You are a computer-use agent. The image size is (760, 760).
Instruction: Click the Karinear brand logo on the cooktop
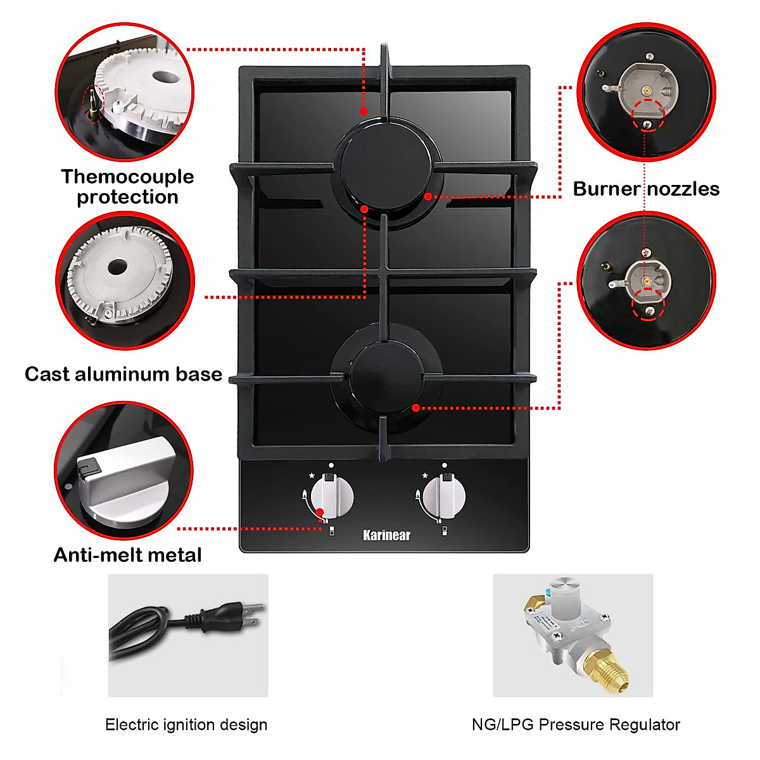386,535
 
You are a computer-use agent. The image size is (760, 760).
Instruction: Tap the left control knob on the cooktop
332,496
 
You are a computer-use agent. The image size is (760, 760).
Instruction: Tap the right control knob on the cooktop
444,496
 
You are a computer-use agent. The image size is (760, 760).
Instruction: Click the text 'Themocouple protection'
127,187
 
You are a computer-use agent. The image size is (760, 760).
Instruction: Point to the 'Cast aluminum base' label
123,374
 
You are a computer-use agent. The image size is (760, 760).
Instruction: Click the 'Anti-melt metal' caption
127,555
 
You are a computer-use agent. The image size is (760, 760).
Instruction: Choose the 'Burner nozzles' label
646,189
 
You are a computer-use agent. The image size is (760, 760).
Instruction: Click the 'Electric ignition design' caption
186,725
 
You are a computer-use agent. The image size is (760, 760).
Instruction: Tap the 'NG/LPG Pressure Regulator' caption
576,725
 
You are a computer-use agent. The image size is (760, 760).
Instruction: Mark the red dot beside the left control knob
320,512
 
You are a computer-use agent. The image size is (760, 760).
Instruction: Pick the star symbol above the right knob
424,476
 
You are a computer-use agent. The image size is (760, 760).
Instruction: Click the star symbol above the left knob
312,476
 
